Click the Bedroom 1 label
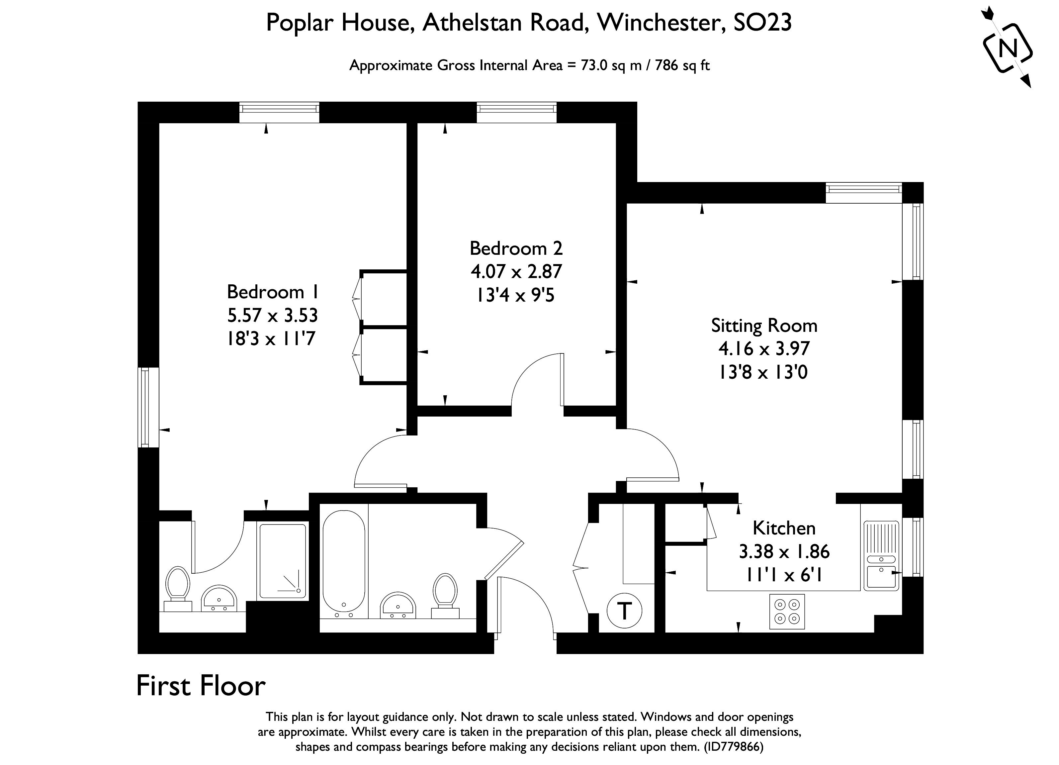273,292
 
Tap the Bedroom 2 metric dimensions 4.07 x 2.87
516,271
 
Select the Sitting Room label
764,326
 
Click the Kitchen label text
784,528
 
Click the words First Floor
201,686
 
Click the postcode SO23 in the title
762,22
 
